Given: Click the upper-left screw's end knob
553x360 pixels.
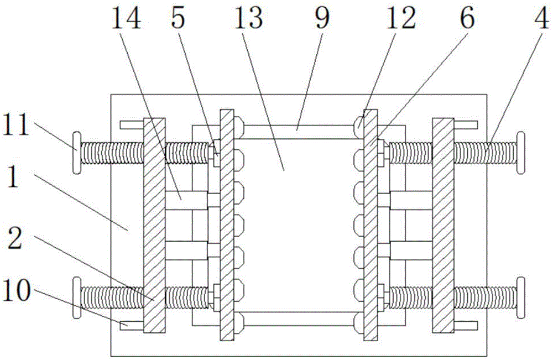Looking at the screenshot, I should click(x=76, y=152).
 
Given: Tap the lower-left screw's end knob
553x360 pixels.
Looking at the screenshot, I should click(x=76, y=298).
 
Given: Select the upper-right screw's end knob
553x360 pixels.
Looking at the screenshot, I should click(x=520, y=152).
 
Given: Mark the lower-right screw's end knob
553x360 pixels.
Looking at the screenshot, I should click(x=520, y=298).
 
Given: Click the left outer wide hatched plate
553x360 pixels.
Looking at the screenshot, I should click(x=154, y=225).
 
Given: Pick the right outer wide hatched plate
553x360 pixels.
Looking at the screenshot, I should click(x=443, y=225).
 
